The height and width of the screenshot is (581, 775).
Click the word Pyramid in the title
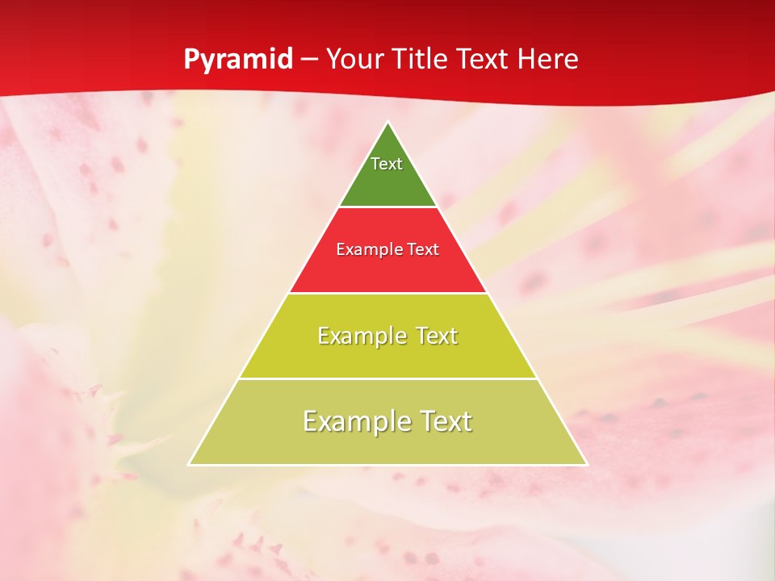tap(237, 60)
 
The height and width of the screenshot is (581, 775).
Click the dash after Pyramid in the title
tap(308, 60)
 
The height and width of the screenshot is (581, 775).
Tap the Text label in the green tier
tap(387, 164)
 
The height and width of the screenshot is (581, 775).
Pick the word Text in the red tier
tap(423, 250)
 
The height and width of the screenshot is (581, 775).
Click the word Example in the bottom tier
tap(350, 421)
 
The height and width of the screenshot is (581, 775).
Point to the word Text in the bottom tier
tap(445, 421)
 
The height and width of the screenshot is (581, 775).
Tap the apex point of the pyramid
tap(388, 123)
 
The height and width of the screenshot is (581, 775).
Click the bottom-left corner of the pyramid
tap(190, 464)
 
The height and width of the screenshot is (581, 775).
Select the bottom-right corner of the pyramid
tap(587, 464)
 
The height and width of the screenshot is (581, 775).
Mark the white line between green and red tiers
tap(388, 207)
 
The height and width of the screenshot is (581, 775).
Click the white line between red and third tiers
tap(388, 293)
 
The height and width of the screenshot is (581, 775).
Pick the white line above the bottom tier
tap(388, 378)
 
